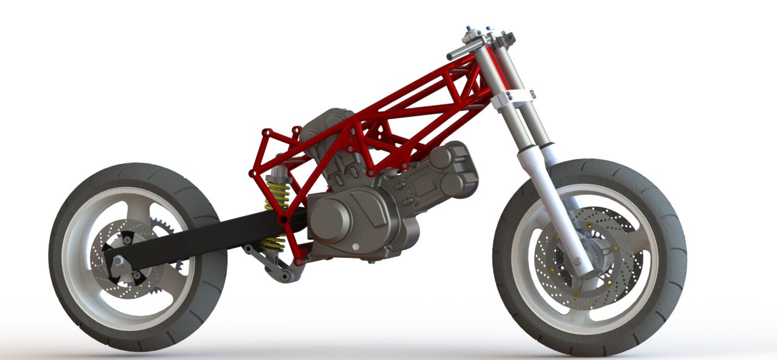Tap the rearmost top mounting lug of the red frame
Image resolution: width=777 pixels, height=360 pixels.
266,131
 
